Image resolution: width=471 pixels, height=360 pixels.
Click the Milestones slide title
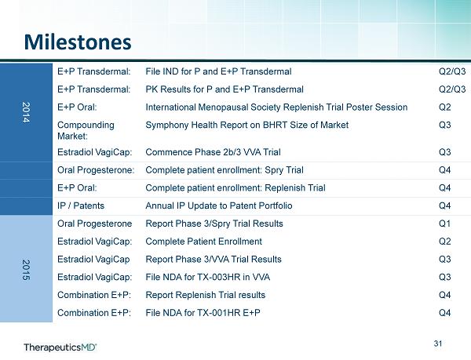pyautogui.click(x=78, y=42)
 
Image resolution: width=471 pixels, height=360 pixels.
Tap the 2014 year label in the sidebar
pyautogui.click(x=26, y=112)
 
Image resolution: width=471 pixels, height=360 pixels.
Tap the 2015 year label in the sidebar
pyautogui.click(x=26, y=270)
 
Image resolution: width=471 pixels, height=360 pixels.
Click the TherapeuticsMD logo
pyautogui.click(x=60, y=347)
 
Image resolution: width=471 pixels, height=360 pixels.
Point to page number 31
pyautogui.click(x=438, y=344)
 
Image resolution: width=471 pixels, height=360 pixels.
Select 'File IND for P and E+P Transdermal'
pyautogui.click(x=218, y=71)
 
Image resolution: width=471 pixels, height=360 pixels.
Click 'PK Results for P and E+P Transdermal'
pyautogui.click(x=225, y=89)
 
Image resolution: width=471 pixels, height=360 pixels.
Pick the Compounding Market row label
pyautogui.click(x=86, y=130)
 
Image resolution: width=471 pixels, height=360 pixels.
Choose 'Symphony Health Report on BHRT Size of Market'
pyautogui.click(x=247, y=125)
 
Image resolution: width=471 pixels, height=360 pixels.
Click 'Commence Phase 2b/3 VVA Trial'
pyautogui.click(x=213, y=152)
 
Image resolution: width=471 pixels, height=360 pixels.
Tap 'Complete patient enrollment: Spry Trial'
pyautogui.click(x=225, y=170)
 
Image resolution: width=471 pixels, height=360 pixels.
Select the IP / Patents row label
pyautogui.click(x=81, y=205)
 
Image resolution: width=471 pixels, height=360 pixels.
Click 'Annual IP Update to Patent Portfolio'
pyautogui.click(x=219, y=205)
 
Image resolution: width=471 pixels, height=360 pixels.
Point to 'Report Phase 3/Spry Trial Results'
pyautogui.click(x=214, y=224)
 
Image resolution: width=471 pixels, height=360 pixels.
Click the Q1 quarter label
pyautogui.click(x=444, y=224)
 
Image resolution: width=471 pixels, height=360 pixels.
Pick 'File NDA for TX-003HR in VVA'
pyautogui.click(x=207, y=277)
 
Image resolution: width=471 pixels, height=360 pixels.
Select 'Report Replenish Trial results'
pyautogui.click(x=206, y=295)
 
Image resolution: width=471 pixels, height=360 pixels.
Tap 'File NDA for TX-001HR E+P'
pyautogui.click(x=203, y=313)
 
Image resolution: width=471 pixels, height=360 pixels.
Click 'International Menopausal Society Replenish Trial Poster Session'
pyautogui.click(x=276, y=107)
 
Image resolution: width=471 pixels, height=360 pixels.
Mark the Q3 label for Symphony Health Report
pyautogui.click(x=445, y=125)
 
